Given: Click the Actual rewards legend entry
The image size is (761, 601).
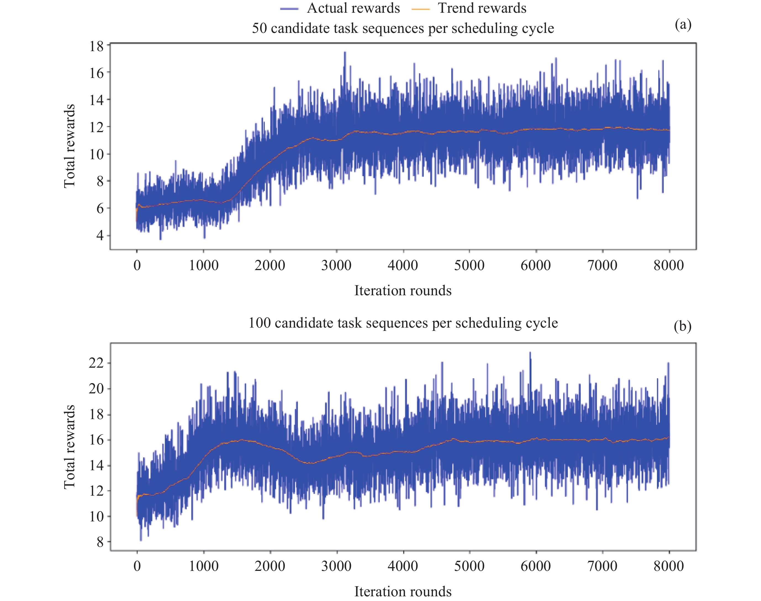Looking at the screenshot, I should pos(340,8).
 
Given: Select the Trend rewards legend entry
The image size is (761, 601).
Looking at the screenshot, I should pos(469,8).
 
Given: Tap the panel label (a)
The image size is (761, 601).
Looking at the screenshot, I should pos(683,25).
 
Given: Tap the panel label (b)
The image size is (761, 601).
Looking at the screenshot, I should pos(682,326).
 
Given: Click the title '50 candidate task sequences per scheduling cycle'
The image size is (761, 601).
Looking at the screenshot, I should pos(403,28).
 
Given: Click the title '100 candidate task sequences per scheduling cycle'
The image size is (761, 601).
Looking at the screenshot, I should pos(403,323).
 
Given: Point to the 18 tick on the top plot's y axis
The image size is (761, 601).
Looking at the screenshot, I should pos(96,46).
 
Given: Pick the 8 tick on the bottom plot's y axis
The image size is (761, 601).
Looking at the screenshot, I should pos(100,542).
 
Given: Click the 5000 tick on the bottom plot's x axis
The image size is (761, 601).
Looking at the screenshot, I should pos(469,566).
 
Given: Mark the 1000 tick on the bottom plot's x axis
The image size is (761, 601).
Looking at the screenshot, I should pos(204,566).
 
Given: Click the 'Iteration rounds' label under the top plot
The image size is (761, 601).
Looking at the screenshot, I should pos(403,291).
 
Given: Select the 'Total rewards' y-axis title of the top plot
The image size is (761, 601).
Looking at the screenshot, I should pos(70,146).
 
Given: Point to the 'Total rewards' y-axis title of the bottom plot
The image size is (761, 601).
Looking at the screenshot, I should pos(70,447).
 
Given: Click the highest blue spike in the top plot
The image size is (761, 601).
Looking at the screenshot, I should pos(345,53).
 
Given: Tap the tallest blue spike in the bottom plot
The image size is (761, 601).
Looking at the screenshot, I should pos(530,352).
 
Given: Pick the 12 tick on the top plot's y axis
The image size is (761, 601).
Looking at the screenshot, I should pos(96,127).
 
